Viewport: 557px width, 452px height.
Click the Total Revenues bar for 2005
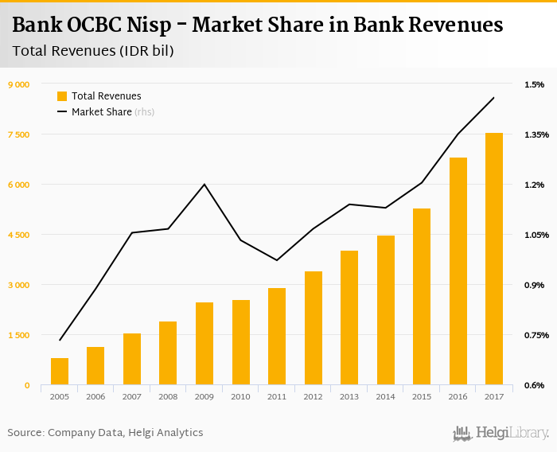[x=60, y=372]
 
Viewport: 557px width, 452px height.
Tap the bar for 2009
[x=204, y=344]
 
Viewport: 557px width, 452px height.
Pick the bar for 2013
[x=349, y=318]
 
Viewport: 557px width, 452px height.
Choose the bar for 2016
[x=458, y=271]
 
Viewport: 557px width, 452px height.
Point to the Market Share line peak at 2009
[x=204, y=185]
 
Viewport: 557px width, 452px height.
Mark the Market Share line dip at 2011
[x=277, y=260]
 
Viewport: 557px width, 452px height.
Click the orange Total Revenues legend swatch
[x=62, y=96]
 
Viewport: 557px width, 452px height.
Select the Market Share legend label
[x=101, y=112]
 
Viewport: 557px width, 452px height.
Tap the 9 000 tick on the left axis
[x=18, y=84]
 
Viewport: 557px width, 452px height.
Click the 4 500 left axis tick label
[x=18, y=235]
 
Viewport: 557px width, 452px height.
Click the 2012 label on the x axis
[x=313, y=396]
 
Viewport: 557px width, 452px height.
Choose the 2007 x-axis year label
[x=132, y=396]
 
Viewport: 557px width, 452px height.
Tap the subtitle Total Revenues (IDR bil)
[x=93, y=51]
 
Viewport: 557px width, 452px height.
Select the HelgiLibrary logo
[x=501, y=433]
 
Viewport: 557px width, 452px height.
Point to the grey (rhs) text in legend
[x=145, y=112]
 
